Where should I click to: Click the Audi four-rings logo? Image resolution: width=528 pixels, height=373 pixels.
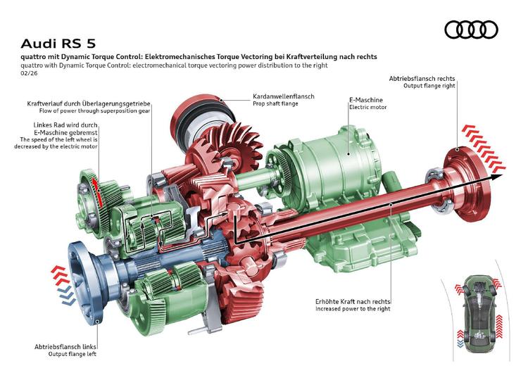click(x=471, y=30)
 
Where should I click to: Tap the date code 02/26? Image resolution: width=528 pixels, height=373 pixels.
click(x=30, y=73)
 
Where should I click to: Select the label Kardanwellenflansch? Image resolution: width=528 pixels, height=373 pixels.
click(x=283, y=96)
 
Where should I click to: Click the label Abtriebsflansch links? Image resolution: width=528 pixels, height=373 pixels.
click(x=66, y=347)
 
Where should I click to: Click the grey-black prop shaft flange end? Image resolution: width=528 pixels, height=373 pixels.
click(x=194, y=125)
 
